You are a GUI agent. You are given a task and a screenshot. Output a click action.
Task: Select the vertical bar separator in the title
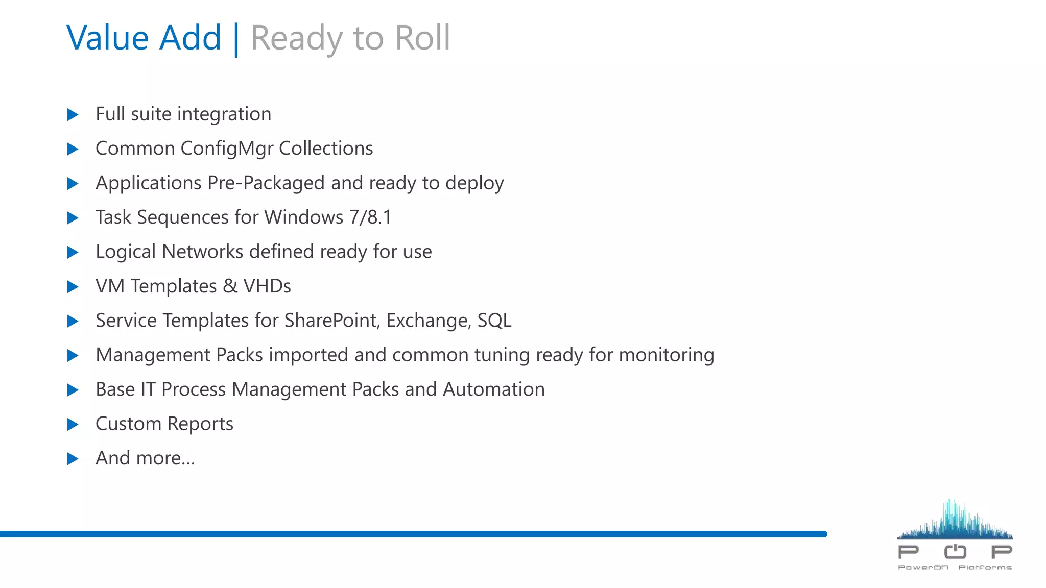[x=235, y=40]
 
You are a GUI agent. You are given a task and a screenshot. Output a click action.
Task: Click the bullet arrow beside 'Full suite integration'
[x=73, y=115]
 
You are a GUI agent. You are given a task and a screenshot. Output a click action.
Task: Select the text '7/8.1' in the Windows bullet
[x=370, y=217]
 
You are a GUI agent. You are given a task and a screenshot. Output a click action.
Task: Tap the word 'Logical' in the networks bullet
[x=126, y=252]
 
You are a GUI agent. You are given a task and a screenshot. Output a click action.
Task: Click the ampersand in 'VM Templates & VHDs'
[x=230, y=286]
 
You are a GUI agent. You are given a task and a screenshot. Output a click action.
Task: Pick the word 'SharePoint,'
[x=332, y=321]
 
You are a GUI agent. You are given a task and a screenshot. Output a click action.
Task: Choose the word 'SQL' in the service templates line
[x=494, y=321]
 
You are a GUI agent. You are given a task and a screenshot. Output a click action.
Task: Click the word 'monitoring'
[x=667, y=355]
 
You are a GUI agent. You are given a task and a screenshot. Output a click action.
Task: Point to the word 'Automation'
[x=494, y=389]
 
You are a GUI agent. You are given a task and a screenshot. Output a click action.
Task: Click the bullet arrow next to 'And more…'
[x=73, y=459]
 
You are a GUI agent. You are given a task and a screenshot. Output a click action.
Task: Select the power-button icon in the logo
[x=955, y=551]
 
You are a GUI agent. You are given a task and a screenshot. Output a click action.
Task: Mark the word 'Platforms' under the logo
[x=985, y=567]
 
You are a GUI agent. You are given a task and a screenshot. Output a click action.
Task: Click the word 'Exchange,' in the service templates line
[x=429, y=321]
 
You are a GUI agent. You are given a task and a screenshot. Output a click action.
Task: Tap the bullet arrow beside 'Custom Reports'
[x=73, y=424]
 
